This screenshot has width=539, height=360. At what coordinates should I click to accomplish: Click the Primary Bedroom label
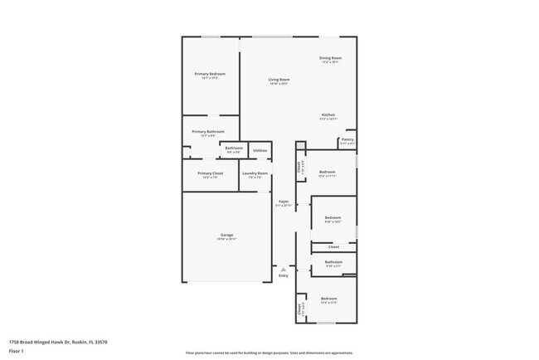[210, 74]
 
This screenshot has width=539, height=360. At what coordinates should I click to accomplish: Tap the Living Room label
[279, 80]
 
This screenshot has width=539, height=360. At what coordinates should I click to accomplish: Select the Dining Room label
[331, 58]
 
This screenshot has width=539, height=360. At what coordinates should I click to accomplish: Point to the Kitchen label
[328, 114]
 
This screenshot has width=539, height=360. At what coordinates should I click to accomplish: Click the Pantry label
[347, 140]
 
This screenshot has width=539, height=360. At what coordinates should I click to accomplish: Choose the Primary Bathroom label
[208, 132]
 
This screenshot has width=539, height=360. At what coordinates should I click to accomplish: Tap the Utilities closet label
[260, 150]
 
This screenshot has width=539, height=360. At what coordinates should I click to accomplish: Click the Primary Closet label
[211, 173]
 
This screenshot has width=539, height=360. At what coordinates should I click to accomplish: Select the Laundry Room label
[255, 173]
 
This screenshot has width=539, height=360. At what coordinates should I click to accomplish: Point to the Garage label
[226, 235]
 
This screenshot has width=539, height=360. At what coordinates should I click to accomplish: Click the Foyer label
[284, 202]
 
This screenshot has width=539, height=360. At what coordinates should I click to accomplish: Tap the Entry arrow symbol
[284, 270]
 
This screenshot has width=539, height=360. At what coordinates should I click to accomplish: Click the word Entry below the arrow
[284, 277]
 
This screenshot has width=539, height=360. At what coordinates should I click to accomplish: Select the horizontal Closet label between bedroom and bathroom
[333, 247]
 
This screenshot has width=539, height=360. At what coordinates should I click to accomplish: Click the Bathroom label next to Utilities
[233, 148]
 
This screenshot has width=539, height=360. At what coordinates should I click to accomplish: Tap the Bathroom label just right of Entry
[333, 263]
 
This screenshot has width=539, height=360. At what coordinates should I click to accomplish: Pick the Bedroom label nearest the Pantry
[328, 172]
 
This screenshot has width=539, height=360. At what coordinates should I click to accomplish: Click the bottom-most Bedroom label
[329, 299]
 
